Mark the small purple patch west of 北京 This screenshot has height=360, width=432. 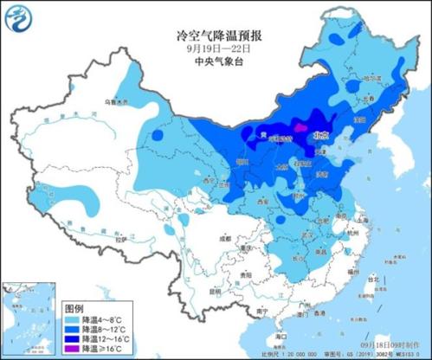click(x=299, y=127)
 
